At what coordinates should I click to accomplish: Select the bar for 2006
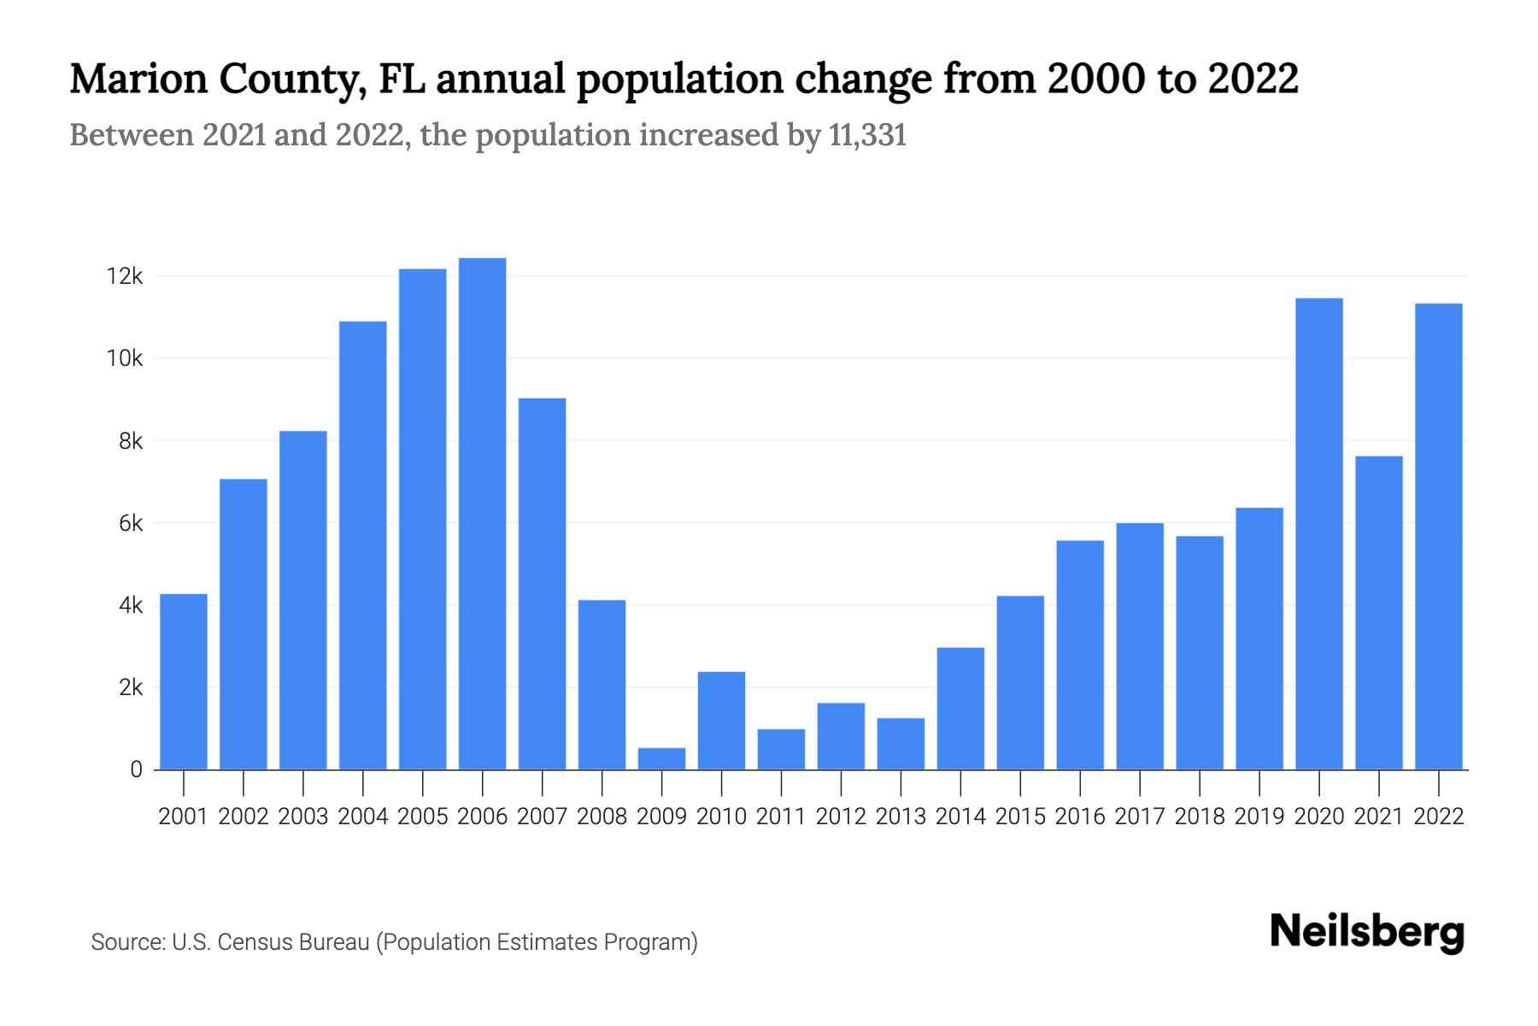tap(482, 513)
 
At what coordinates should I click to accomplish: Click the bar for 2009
tap(661, 758)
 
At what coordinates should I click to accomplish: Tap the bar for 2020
tap(1318, 534)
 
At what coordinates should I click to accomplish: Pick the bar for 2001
tap(184, 681)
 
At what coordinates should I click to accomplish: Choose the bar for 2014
tap(960, 708)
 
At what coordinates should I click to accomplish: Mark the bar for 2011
tap(781, 749)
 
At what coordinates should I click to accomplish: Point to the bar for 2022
tap(1438, 536)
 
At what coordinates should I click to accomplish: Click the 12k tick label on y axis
tap(125, 276)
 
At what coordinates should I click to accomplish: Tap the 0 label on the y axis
tap(136, 769)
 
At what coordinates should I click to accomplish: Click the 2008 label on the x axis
tap(602, 817)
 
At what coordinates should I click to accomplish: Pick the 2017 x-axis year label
tap(1139, 817)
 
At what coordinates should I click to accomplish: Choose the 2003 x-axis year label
tap(303, 817)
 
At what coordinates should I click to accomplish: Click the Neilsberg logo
tap(1366, 932)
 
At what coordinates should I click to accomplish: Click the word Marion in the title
tap(138, 79)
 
